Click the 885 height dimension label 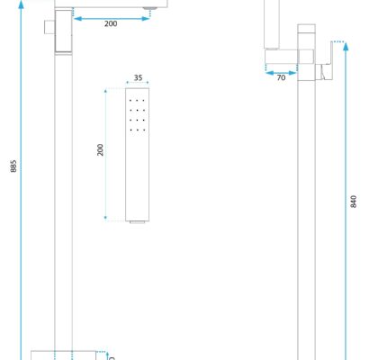[x=13, y=166]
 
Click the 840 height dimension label [x=354, y=202]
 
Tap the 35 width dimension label [x=138, y=77]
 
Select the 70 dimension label [x=281, y=77]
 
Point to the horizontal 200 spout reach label [x=111, y=23]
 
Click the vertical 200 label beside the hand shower [x=100, y=150]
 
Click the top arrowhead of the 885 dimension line [x=21, y=4]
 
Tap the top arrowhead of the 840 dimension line [x=346, y=47]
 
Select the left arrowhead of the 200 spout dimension [x=77, y=19]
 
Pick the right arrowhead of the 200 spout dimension [x=146, y=19]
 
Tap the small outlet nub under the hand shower [x=138, y=222]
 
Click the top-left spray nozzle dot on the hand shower [x=130, y=101]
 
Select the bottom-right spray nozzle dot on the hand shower [x=144, y=130]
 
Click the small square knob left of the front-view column [x=49, y=27]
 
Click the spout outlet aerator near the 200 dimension [x=150, y=8]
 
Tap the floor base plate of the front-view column [x=64, y=355]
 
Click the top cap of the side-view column [x=306, y=28]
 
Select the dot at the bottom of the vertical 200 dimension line [x=105, y=218]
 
